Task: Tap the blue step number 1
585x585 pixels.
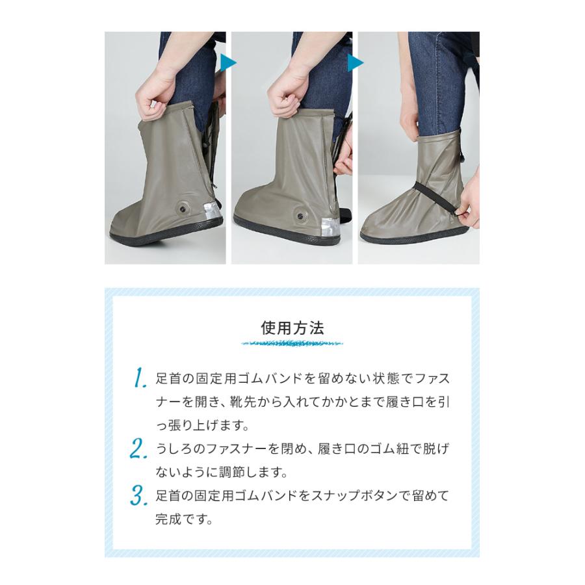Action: pos(139,378)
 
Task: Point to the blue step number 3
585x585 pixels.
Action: pos(139,497)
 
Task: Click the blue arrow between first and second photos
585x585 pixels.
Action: pos(227,63)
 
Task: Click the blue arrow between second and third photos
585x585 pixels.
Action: pos(355,63)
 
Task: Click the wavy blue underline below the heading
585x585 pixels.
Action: pos(292,343)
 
